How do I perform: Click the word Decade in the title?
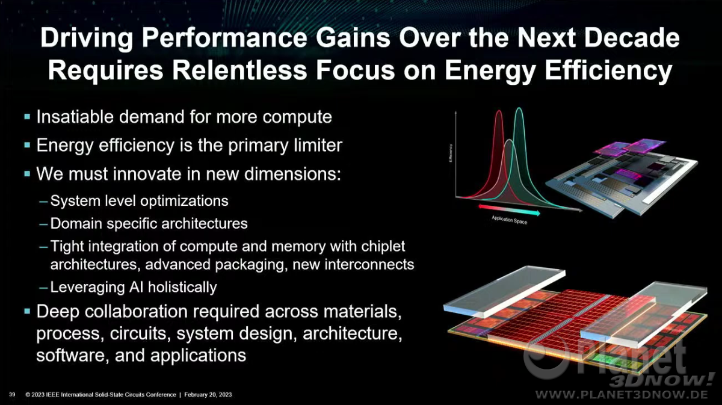pyautogui.click(x=632, y=38)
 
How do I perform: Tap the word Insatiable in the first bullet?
pyautogui.click(x=75, y=116)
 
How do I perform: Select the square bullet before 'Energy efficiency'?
pyautogui.click(x=27, y=145)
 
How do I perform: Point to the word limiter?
pyautogui.click(x=318, y=145)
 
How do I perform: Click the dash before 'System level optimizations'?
pyautogui.click(x=43, y=202)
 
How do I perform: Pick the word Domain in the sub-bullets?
pyautogui.click(x=76, y=223)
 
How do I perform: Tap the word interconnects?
pyautogui.click(x=369, y=264)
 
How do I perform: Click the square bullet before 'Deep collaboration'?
pyautogui.click(x=27, y=311)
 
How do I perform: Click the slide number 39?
pyautogui.click(x=12, y=394)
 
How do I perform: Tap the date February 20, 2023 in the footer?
pyautogui.click(x=208, y=395)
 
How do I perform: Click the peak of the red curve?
pyautogui.click(x=499, y=111)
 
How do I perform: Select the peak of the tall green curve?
pyautogui.click(x=519, y=108)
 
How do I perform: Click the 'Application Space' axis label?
pyautogui.click(x=509, y=220)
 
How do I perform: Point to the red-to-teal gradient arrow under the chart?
pyautogui.click(x=509, y=209)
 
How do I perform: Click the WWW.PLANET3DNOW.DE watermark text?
pyautogui.click(x=622, y=394)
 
